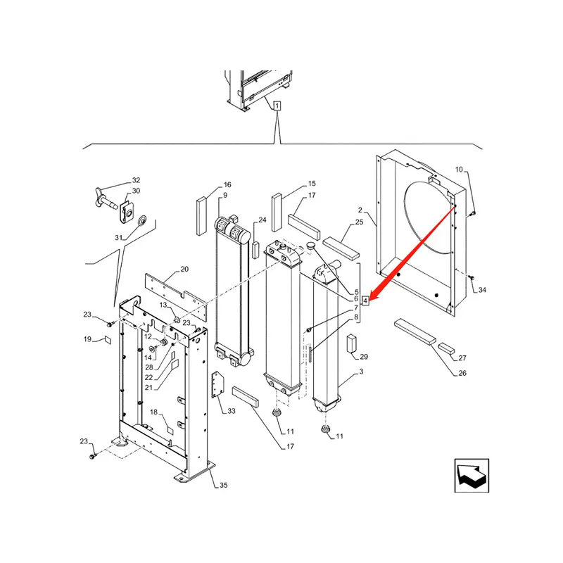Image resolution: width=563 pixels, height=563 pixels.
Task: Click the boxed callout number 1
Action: pyautogui.click(x=278, y=106)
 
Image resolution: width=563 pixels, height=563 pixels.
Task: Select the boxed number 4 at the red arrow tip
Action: pyautogui.click(x=365, y=301)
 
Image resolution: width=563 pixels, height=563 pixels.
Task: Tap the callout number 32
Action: pyautogui.click(x=137, y=181)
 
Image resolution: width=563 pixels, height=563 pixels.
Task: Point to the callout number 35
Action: pyautogui.click(x=224, y=485)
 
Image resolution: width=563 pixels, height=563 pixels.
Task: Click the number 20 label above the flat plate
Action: pyautogui.click(x=184, y=270)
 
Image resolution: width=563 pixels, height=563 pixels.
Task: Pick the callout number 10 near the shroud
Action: pyautogui.click(x=459, y=170)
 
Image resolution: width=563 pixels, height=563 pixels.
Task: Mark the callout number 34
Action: pyautogui.click(x=482, y=290)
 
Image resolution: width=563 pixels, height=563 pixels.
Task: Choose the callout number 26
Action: pyautogui.click(x=462, y=374)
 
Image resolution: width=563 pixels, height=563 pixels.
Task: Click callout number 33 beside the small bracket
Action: pyautogui.click(x=231, y=411)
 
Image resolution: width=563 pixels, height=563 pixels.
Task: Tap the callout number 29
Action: pyautogui.click(x=364, y=357)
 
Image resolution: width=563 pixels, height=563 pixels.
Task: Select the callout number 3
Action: pyautogui.click(x=361, y=371)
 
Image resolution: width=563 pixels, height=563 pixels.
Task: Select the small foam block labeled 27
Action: pyautogui.click(x=447, y=348)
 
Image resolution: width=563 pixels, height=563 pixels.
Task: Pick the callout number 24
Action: pyautogui.click(x=262, y=220)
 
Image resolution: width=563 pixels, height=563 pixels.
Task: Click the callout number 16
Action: pyautogui.click(x=227, y=184)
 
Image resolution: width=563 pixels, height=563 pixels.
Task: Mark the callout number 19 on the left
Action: pyautogui.click(x=88, y=340)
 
